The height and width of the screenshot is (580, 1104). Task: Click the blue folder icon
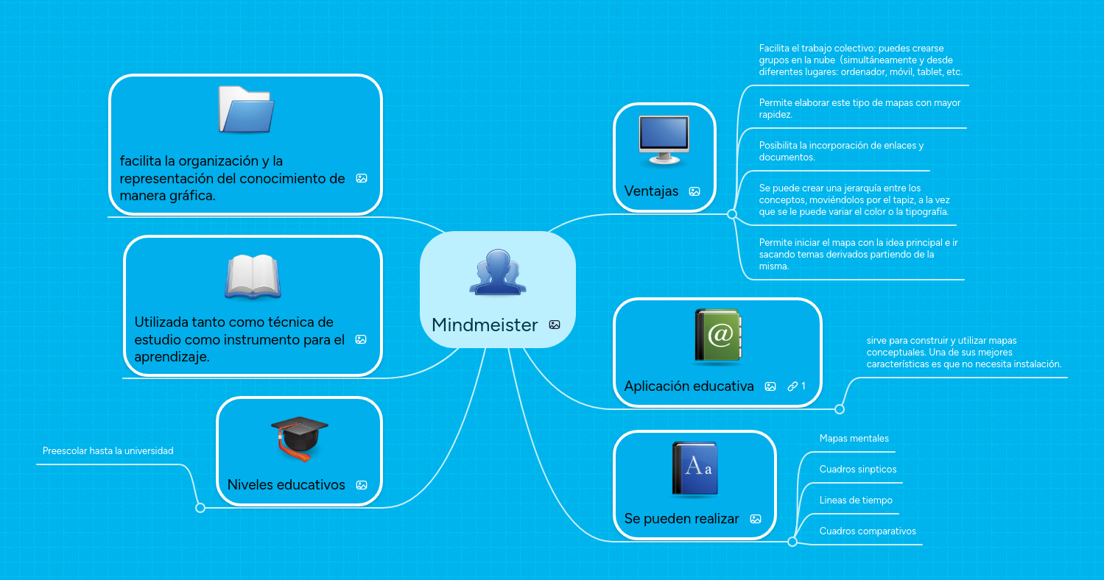246,110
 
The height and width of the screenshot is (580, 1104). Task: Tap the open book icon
253,276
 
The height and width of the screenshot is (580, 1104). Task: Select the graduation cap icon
299,438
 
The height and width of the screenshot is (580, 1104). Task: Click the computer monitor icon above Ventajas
664,140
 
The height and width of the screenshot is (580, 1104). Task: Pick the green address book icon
717,335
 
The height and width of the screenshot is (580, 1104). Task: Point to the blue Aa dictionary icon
695,468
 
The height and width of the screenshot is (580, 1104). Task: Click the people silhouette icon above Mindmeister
498,272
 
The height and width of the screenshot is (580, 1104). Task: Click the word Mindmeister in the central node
485,325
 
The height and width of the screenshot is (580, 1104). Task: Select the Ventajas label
651,191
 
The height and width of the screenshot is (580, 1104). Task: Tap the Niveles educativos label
286,484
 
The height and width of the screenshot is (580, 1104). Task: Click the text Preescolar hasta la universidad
108,451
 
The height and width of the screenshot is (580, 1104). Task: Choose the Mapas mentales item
854,438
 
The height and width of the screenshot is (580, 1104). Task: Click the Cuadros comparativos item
868,531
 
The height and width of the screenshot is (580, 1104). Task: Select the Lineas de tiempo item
856,501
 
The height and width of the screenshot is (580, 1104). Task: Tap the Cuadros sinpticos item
857,469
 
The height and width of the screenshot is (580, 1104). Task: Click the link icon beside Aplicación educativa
792,386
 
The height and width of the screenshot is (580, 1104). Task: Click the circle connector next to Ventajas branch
732,214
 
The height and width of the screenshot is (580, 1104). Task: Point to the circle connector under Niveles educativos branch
200,508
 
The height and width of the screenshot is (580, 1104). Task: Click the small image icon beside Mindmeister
555,325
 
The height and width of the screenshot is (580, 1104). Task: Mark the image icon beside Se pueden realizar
756,519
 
